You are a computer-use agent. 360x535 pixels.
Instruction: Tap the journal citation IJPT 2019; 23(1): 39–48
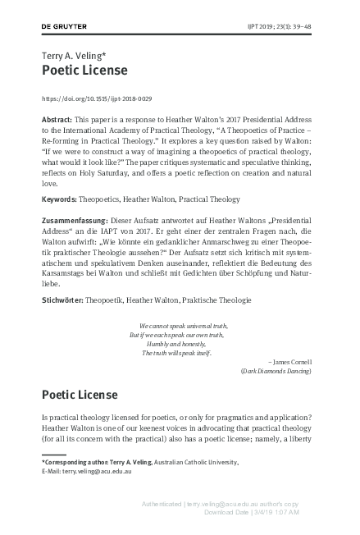click(286, 27)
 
